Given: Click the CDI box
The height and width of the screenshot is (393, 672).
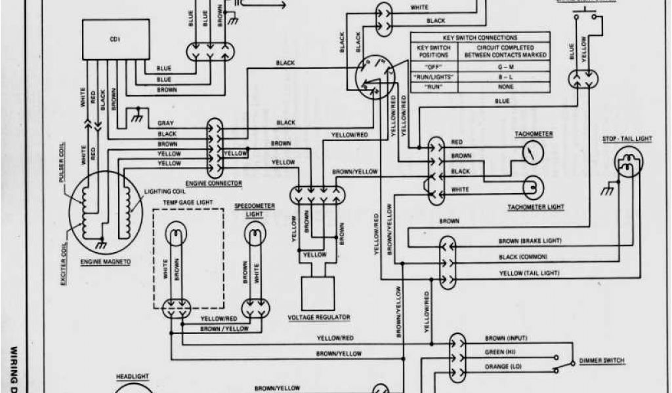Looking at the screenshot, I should point(115,40).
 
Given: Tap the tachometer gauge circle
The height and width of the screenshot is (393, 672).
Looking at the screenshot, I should point(532,153).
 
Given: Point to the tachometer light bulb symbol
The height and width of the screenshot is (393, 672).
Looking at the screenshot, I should point(532,187).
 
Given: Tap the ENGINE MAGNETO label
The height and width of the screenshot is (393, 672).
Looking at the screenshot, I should point(106,261).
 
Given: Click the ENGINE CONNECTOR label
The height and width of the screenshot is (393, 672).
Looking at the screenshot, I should point(214,183).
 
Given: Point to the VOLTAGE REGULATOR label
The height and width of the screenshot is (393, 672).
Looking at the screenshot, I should point(319,317).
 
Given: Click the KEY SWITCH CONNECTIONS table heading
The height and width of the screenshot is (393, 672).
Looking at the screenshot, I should point(480,38).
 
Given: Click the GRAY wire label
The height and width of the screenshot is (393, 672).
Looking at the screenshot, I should point(165,123).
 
